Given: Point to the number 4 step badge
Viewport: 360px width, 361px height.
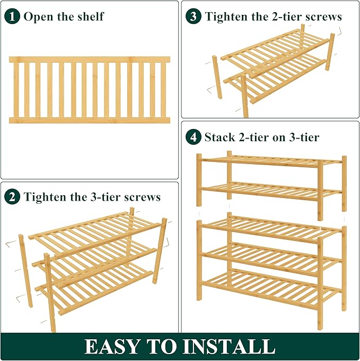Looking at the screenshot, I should click(194, 137).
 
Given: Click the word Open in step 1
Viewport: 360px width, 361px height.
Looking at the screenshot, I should click(38, 17).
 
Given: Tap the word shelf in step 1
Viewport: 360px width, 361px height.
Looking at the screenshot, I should click(91, 16).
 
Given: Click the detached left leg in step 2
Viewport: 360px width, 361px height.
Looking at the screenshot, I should click(25, 271).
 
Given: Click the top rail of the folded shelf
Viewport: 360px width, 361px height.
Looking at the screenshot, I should click(90, 59).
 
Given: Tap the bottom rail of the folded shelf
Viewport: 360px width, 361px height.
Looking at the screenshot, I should click(90, 121).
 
